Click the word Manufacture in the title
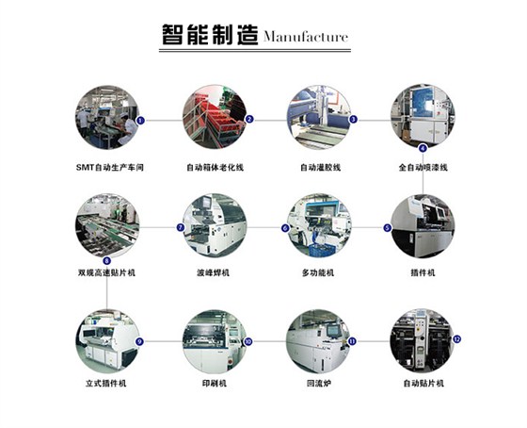pos(306,37)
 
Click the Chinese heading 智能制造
pos(210,35)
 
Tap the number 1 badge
pos(140,121)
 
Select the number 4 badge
pos(423,148)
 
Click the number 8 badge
pos(107,260)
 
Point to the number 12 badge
pos(456,339)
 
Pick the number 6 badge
pos(285,228)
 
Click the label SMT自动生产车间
pos(110,168)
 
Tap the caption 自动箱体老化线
pos(216,168)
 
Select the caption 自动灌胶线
pos(320,168)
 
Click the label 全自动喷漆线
pos(423,168)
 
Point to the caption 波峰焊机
pos(213,272)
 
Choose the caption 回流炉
pos(319,383)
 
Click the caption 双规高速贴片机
pos(106,272)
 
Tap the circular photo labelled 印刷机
pos(215,341)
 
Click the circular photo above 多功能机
pos(319,225)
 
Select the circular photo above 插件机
pos(423,226)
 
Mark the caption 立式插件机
pos(105,383)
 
